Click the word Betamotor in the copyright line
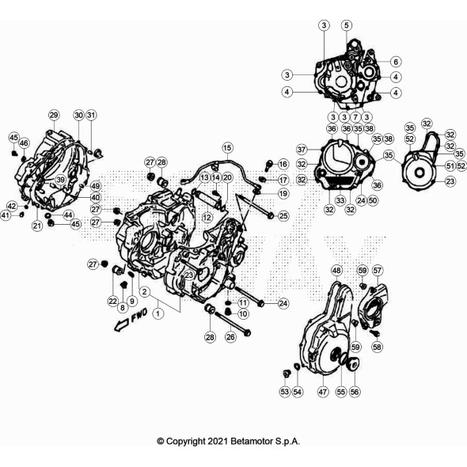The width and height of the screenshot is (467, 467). (x=242, y=441)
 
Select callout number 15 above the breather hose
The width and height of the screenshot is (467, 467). (x=227, y=148)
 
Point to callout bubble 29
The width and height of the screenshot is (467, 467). (x=54, y=116)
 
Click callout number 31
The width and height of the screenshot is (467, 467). (x=92, y=116)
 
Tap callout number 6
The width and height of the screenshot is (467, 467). (x=395, y=61)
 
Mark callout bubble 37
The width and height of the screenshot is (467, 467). (x=302, y=150)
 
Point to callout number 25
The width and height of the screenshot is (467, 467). (x=283, y=215)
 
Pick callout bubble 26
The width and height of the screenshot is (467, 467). (x=230, y=337)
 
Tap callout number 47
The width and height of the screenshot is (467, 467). (x=322, y=391)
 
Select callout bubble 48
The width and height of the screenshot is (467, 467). (x=336, y=271)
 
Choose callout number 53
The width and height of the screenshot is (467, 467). (x=284, y=391)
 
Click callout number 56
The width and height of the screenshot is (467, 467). (x=355, y=391)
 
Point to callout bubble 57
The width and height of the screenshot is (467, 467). (x=378, y=271)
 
